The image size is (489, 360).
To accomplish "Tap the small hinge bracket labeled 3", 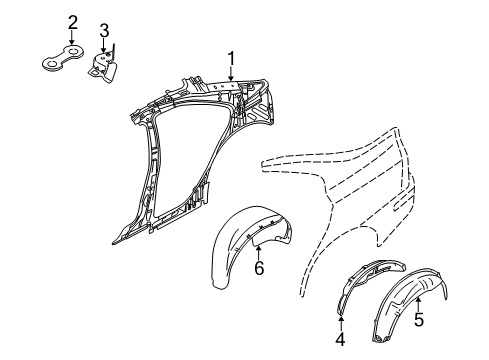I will coord(106,67).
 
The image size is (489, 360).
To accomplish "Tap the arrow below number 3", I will coord(104,45).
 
